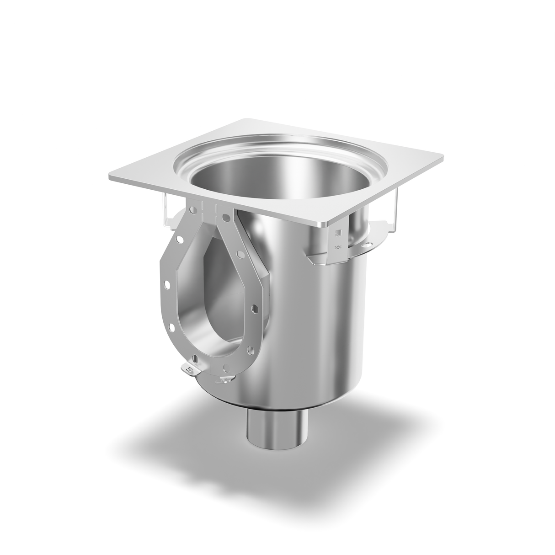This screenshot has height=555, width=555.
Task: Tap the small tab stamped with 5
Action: (x=190, y=368)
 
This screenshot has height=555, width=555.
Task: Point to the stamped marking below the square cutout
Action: (x=339, y=247)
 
